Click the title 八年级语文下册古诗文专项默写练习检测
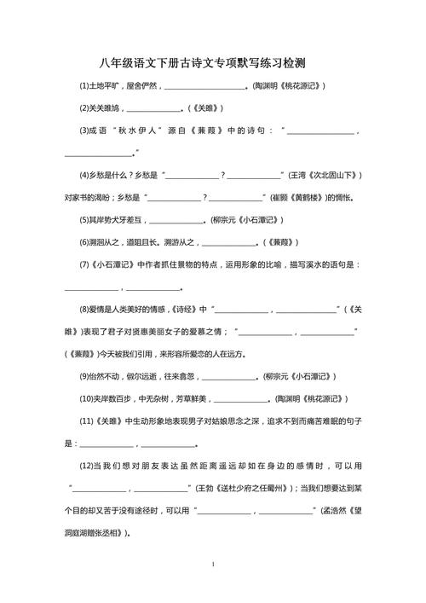[213, 63]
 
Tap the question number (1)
[85, 86]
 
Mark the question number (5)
[85, 219]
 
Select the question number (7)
[85, 264]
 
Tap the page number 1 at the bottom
[213, 565]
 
